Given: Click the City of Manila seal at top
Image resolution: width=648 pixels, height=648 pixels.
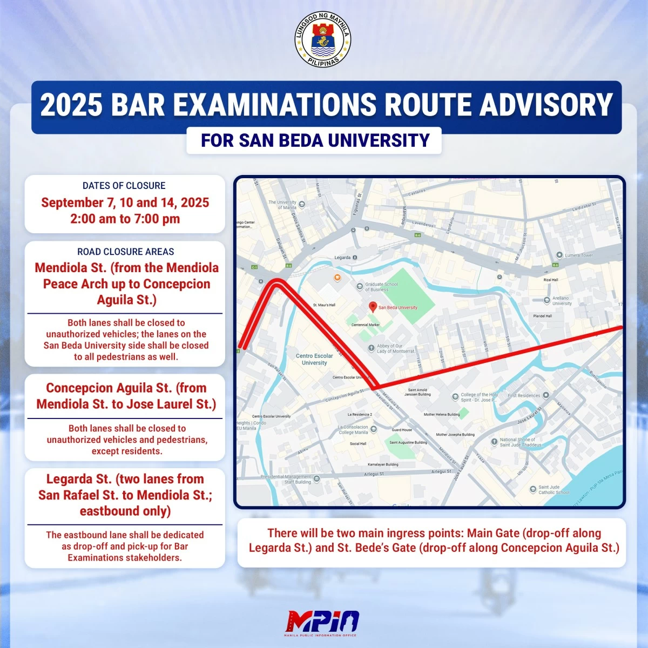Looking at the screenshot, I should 323,41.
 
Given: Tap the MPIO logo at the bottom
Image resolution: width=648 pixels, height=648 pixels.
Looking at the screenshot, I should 323,622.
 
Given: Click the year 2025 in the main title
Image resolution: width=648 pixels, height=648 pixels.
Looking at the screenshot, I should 71,105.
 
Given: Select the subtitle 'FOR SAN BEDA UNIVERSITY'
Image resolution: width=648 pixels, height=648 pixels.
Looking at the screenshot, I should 315,140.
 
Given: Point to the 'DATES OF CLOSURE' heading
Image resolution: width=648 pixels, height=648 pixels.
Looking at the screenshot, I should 124,186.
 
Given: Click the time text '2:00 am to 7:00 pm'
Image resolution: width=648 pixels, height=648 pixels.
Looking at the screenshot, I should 125,219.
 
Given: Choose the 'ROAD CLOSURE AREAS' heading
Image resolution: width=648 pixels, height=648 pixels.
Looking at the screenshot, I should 125,252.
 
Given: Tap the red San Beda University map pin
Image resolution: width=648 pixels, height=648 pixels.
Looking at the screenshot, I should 372,307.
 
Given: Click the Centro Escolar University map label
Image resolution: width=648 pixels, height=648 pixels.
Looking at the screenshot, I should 314,359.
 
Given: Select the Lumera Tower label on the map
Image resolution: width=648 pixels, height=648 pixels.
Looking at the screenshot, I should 578,255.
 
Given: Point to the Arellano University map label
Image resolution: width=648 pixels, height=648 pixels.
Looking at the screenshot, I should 562,301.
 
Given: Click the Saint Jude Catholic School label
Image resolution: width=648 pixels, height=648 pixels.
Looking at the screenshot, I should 553,490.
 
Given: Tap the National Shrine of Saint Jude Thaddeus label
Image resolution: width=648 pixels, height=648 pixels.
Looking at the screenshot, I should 520,442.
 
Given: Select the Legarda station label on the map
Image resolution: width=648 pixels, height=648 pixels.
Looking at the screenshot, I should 342,258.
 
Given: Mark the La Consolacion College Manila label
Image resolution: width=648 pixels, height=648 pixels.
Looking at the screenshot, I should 353,430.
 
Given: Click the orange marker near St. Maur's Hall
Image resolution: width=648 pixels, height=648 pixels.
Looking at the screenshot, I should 337,278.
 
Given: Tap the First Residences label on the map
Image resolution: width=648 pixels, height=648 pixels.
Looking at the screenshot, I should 524,395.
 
